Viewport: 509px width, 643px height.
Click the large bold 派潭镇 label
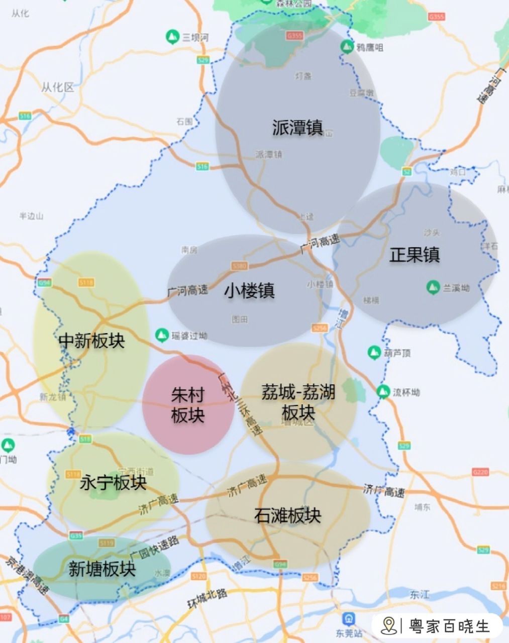[297, 128]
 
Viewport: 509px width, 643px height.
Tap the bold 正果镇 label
[415, 255]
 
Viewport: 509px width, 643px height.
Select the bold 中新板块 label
[91, 341]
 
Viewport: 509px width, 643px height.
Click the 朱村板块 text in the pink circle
[188, 405]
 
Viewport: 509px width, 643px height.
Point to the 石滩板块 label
[287, 515]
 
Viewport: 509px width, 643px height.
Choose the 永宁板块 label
[113, 483]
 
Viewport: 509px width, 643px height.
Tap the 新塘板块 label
[102, 569]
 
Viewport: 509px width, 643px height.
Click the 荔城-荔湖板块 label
[298, 402]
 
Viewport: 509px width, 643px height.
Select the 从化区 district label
[57, 87]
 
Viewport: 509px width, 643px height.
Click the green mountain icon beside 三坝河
[172, 36]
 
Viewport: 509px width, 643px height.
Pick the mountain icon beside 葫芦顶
[373, 353]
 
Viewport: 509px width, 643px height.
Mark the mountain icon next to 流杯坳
[383, 391]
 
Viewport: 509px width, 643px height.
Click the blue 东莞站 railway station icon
[347, 619]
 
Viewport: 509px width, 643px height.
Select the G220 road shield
[480, 472]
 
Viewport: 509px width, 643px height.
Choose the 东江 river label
[420, 595]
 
